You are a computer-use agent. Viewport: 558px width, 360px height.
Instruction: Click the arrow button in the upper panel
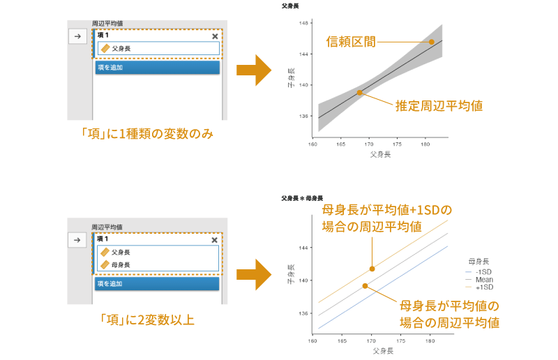coord(77,37)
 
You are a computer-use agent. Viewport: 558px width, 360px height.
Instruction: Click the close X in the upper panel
coord(215,36)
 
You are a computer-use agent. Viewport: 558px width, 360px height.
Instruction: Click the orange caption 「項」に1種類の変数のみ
coord(146,133)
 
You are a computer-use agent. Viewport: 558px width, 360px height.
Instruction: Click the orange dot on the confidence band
coord(432,42)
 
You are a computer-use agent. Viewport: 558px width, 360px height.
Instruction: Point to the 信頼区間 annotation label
coord(351,42)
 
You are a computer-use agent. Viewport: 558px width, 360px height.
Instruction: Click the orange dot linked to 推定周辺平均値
coord(359,93)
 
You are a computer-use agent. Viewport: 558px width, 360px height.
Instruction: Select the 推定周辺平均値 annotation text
coord(439,106)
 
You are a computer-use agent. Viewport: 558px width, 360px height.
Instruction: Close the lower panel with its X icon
coord(215,239)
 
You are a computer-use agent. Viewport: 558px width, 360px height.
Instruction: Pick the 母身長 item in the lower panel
coord(121,264)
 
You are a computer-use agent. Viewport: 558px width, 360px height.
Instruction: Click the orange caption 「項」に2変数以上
coord(146,320)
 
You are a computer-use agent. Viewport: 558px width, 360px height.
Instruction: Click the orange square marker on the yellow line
coord(372,269)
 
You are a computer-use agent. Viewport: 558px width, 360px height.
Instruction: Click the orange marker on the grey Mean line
coord(365,286)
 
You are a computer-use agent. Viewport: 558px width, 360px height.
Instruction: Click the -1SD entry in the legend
coord(483,271)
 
